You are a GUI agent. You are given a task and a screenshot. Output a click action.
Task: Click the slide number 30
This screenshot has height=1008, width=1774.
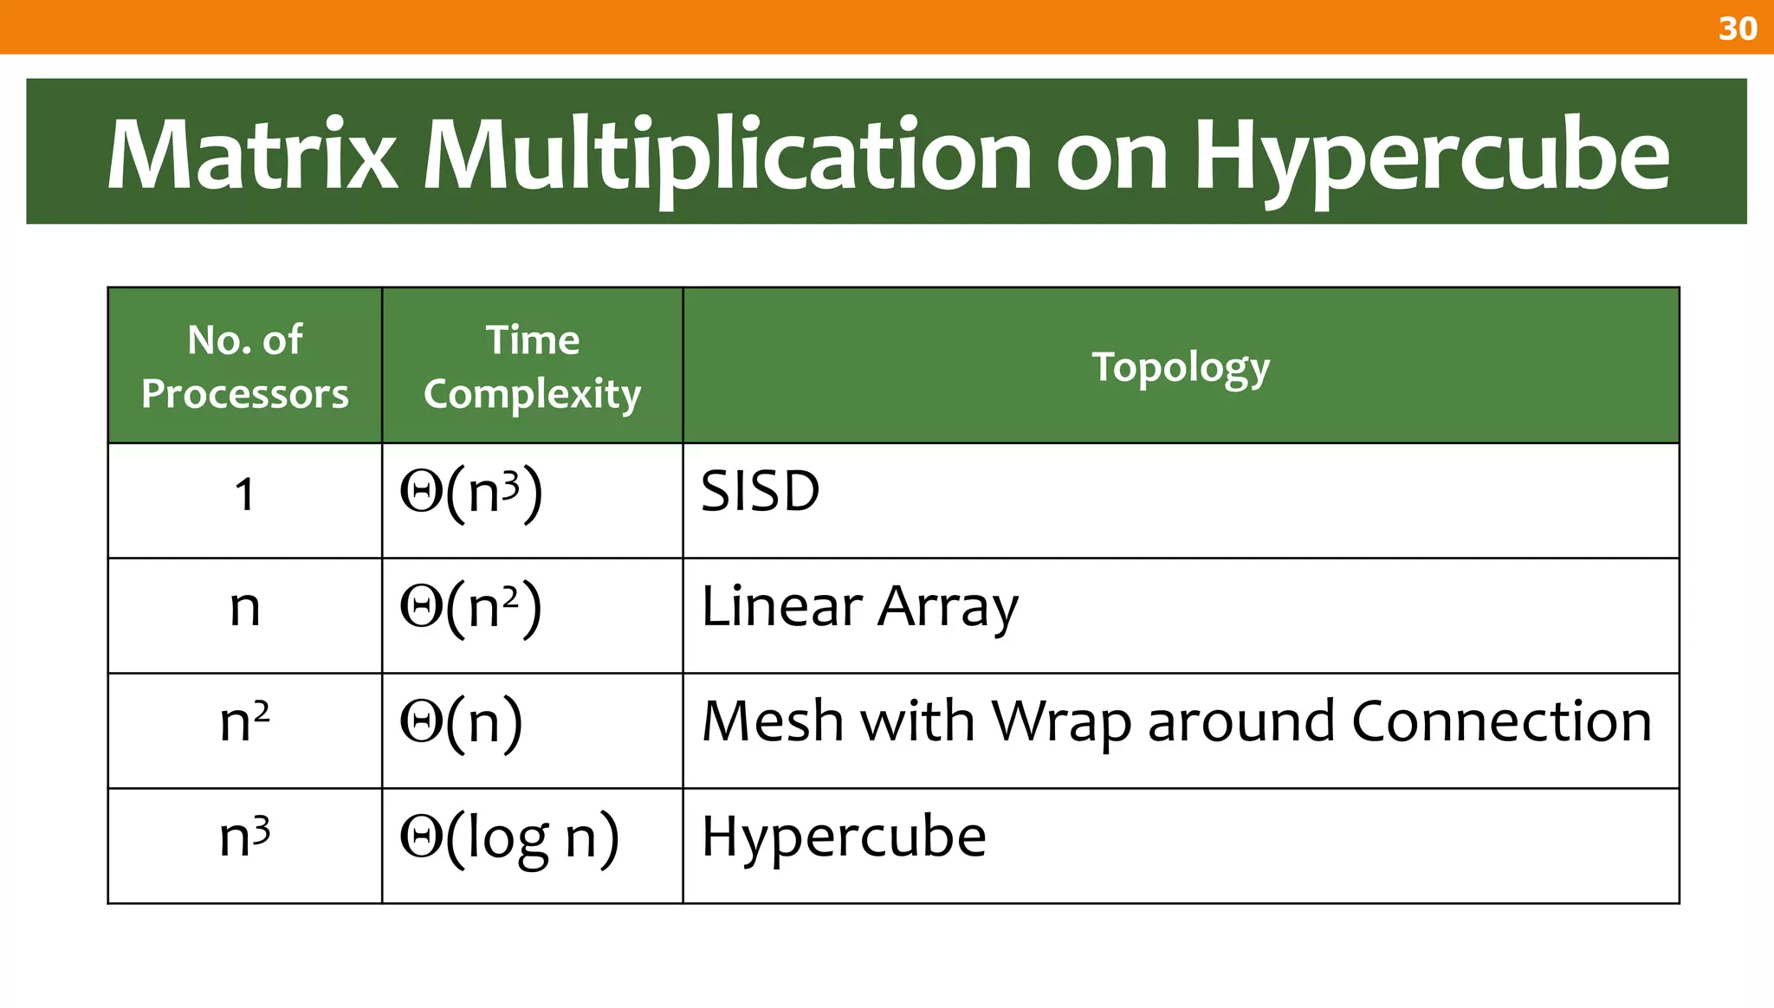tap(1737, 29)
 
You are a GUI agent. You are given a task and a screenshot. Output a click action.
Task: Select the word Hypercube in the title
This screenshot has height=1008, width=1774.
tap(1431, 156)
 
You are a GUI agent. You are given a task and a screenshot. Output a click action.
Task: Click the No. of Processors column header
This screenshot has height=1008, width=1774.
tap(245, 366)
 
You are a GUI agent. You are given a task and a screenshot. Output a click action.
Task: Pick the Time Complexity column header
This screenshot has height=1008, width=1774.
tap(532, 366)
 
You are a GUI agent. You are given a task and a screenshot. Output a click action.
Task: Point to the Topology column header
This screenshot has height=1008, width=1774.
tap(1181, 367)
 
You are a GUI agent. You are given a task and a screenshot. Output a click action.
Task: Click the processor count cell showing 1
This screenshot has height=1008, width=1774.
tap(245, 495)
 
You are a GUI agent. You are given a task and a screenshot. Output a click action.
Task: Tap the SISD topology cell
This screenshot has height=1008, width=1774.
tap(760, 491)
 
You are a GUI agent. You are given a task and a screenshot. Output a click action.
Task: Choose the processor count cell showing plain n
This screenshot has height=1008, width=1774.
tap(245, 608)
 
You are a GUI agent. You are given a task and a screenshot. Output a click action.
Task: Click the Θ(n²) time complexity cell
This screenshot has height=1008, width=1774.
tap(471, 607)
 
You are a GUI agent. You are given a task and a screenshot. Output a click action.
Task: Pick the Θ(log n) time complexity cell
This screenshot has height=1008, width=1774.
tap(509, 837)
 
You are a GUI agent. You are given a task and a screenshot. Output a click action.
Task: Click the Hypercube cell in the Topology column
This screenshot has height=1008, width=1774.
tap(843, 837)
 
